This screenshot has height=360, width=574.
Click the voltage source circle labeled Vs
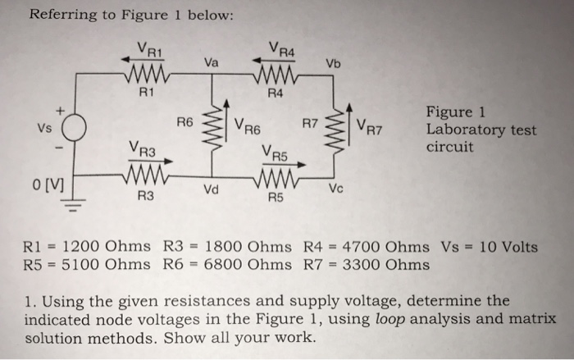pyautogui.click(x=75, y=130)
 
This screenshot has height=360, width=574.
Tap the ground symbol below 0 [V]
pyautogui.click(x=75, y=206)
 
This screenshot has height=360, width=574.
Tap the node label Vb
pyautogui.click(x=332, y=64)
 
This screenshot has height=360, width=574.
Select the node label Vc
pyautogui.click(x=335, y=189)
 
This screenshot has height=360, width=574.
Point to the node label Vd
pyautogui.click(x=210, y=191)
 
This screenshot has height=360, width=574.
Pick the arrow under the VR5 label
pyautogui.click(x=283, y=163)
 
